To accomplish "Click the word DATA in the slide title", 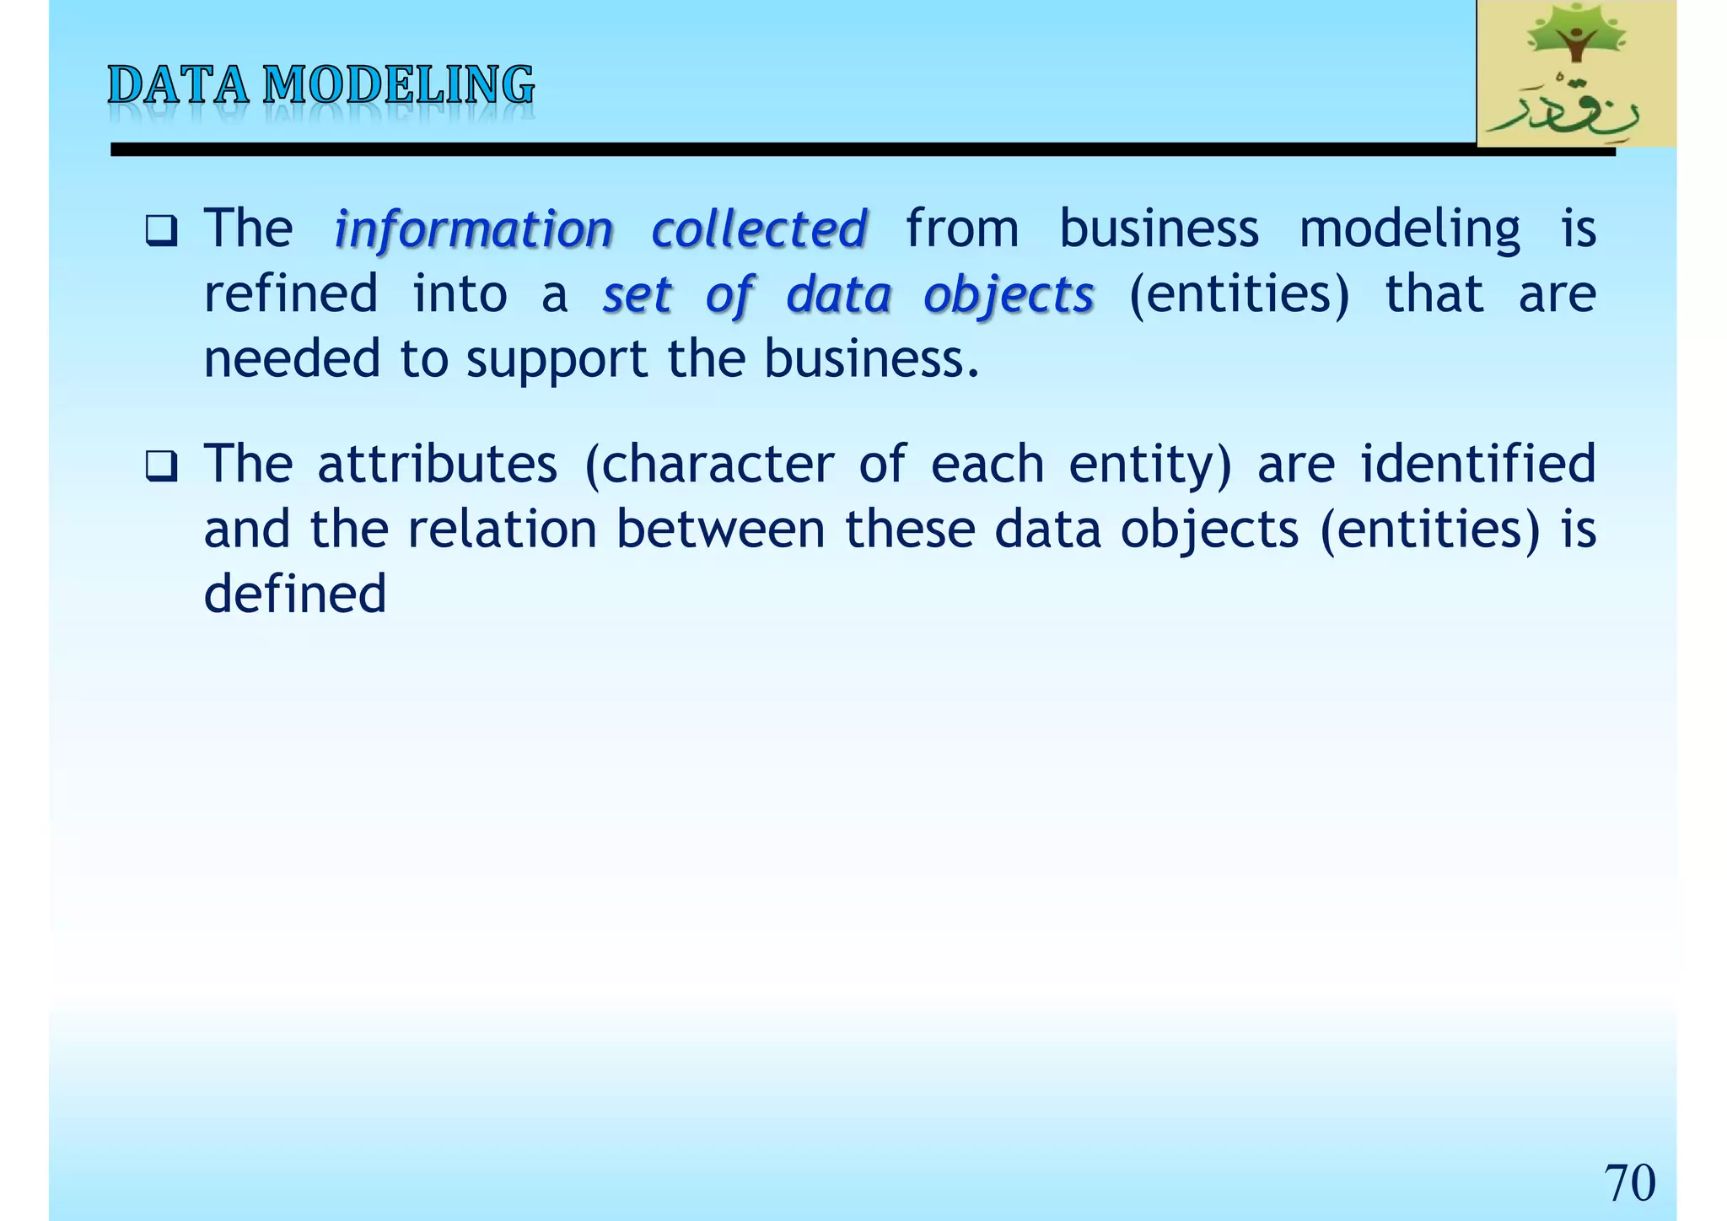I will [179, 86].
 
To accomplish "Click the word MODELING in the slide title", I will [398, 86].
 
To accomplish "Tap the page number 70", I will [1629, 1182].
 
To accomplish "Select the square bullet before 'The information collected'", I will [160, 230].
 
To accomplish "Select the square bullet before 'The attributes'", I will [160, 465].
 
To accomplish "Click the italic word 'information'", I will [473, 229].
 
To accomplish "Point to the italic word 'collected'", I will [759, 229].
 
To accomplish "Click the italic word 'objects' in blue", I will [1009, 295].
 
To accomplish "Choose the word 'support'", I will [557, 361].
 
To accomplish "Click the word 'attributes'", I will [437, 464].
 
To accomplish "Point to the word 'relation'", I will [503, 530].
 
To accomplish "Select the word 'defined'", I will [295, 594].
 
